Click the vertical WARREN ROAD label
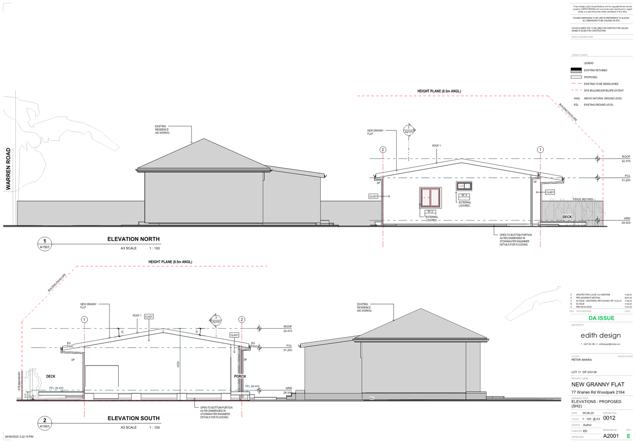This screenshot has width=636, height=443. click(8, 169)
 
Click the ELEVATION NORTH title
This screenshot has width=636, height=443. click(133, 239)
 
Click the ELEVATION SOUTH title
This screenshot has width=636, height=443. click(133, 418)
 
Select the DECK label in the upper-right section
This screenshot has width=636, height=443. click(567, 217)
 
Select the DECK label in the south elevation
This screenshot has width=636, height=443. click(51, 376)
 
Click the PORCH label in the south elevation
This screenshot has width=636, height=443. click(240, 376)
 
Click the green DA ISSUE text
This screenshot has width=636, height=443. click(601, 318)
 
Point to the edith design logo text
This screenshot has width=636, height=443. click(600, 335)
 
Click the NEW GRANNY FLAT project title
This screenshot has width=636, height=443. click(598, 384)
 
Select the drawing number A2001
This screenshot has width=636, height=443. click(611, 435)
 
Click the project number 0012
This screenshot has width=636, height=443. click(609, 418)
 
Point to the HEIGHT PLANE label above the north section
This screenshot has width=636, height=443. click(439, 91)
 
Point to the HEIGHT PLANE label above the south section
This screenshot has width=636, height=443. click(170, 262)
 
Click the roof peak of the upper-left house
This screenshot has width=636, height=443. click(204, 139)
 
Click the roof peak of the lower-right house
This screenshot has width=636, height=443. click(420, 309)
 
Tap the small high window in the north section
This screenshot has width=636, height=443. click(464, 186)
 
